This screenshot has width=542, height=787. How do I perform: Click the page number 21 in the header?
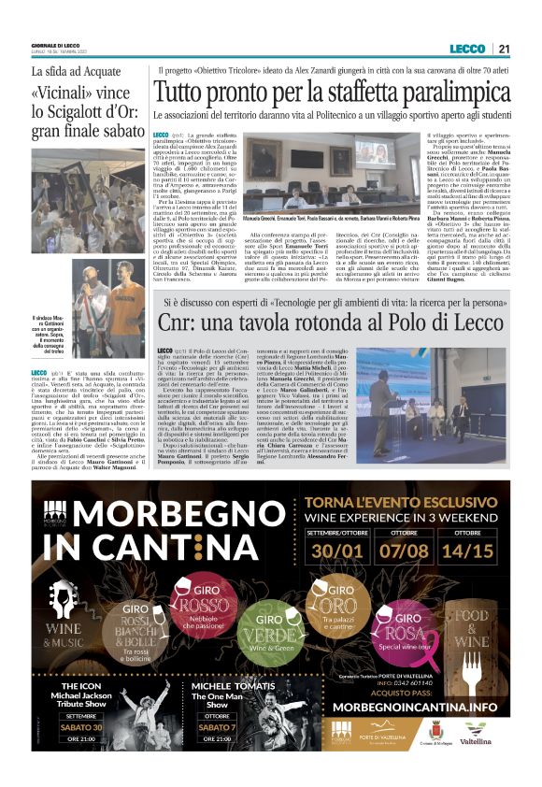tap(504, 49)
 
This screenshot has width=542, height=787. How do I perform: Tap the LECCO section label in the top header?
tap(466, 49)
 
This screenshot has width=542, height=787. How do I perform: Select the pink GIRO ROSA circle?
tap(403, 622)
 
